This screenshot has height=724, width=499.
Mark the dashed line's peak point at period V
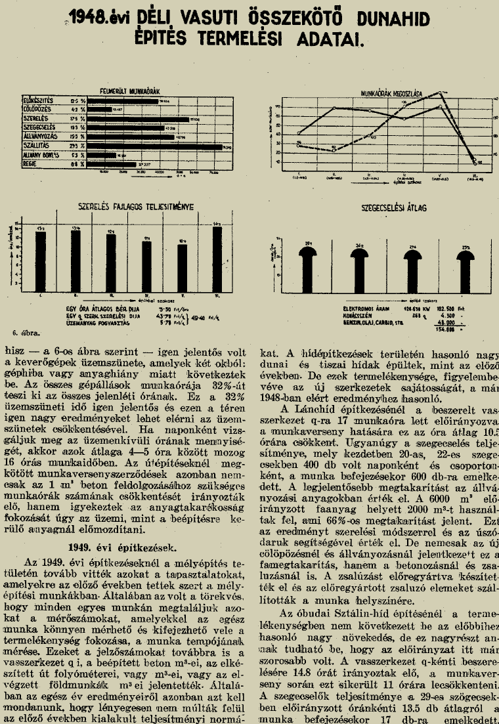439,92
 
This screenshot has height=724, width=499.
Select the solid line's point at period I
298,133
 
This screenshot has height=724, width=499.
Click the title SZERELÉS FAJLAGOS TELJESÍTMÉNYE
136,206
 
